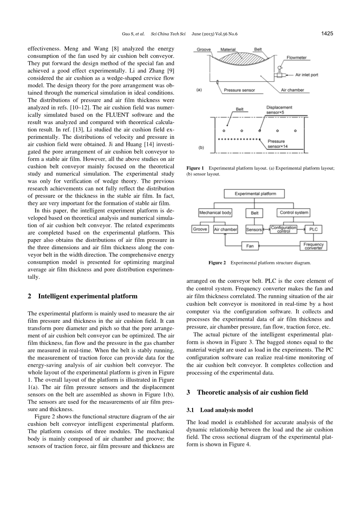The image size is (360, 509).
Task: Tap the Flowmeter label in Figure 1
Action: [297, 58]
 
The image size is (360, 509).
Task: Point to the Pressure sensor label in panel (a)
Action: [239, 90]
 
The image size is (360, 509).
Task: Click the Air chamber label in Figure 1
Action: [292, 90]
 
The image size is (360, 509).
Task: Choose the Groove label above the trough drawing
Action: [204, 50]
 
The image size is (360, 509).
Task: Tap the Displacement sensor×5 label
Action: [279, 110]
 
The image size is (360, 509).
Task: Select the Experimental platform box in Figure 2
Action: [255, 194]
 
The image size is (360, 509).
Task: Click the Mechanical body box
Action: [215, 213]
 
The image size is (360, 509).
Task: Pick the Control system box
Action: [294, 213]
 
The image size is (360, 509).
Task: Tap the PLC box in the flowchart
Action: [314, 229]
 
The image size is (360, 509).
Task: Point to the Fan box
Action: [250, 246]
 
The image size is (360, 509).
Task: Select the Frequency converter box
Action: [314, 246]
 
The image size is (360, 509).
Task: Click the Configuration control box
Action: [284, 229]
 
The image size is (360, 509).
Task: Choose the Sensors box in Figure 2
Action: [254, 229]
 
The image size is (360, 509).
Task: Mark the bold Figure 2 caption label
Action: [217, 263]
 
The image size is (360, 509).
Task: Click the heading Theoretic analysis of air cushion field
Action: [252, 392]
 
